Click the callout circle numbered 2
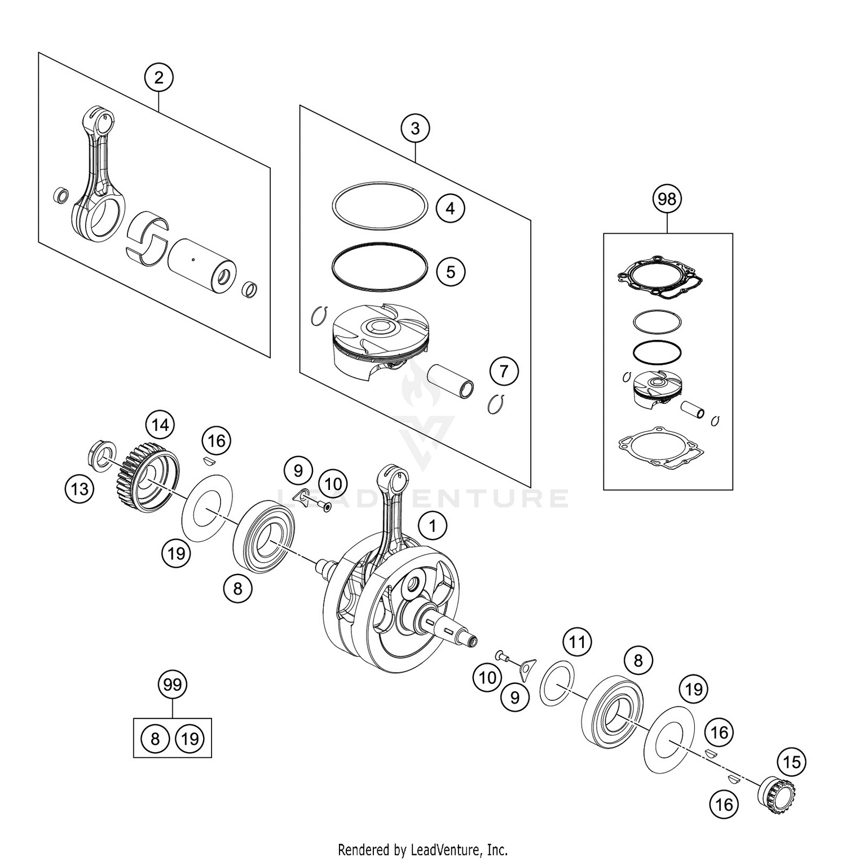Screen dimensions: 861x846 tap(158, 77)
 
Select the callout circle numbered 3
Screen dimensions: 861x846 tap(415, 129)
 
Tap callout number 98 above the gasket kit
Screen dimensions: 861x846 tap(667, 199)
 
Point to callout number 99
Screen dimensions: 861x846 tap(172, 685)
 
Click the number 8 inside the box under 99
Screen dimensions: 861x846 tap(155, 739)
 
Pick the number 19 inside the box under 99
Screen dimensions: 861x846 tap(190, 739)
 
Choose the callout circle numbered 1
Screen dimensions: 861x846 tap(433, 526)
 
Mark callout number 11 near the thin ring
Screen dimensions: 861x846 tap(576, 642)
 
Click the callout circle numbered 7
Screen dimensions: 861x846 tap(504, 371)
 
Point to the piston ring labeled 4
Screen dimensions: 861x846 tap(380, 205)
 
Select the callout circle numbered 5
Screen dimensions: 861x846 tap(450, 272)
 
